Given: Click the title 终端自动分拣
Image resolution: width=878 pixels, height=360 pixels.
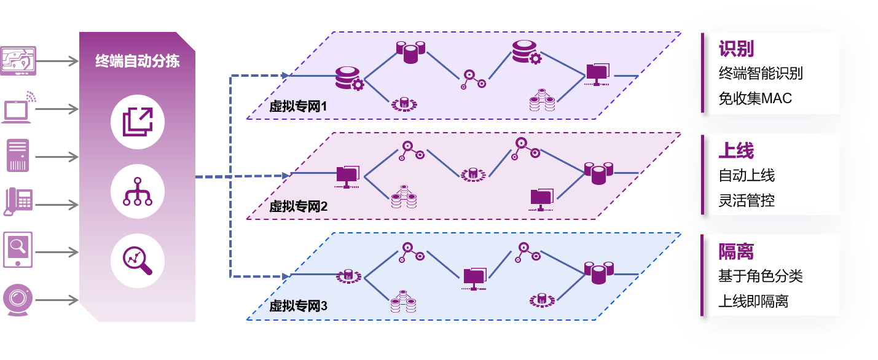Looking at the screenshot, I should click(137, 61).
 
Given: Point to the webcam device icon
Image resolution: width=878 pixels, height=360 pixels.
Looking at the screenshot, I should click(17, 300).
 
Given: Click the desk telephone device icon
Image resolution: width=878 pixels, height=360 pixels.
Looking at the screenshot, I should click(18, 201).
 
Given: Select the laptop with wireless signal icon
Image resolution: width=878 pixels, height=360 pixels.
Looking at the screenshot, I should click(19, 107).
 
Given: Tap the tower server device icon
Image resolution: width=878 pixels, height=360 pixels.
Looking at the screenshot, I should click(18, 155).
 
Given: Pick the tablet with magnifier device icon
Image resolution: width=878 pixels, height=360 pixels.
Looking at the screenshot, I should click(18, 249).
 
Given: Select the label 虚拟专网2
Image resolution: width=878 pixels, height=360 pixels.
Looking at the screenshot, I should click(298, 207).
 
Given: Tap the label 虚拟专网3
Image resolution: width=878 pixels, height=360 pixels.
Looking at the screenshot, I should click(298, 307).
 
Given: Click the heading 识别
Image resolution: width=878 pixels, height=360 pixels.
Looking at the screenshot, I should click(736, 49).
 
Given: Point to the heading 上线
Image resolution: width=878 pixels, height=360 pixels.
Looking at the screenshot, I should click(736, 151).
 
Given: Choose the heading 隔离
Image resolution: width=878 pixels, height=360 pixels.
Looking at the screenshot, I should click(736, 251).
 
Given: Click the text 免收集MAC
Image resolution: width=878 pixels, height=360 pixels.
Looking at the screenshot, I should click(755, 98).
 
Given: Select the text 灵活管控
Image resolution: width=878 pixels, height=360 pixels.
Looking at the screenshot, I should click(747, 200).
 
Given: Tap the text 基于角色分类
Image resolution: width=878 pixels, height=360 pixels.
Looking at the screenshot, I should click(761, 276).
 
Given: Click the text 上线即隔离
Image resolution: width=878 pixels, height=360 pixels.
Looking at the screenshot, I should click(753, 301).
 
